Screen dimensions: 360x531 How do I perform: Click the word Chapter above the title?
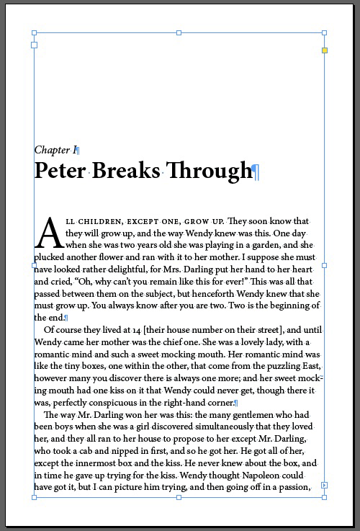pos(52,150)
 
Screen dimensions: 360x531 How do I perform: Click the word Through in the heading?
pos(210,171)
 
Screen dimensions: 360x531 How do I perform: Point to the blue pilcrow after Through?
pos(256,171)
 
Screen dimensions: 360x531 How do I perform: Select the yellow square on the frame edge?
pos(325,50)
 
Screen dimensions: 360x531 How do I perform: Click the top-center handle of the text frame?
pos(179,32)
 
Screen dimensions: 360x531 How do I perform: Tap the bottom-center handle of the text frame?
pos(179,497)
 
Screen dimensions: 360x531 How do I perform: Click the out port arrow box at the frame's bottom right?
pos(325,486)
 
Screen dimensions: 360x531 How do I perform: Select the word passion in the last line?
pos(295,487)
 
